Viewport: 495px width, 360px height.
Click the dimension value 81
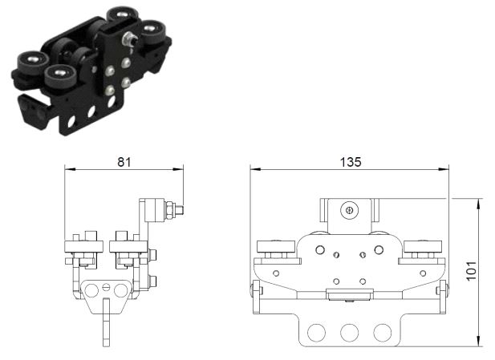tap(124, 162)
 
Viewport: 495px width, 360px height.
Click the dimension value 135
tap(351, 162)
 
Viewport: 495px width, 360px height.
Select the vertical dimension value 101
tap(471, 271)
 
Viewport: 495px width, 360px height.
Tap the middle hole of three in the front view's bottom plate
tap(350, 333)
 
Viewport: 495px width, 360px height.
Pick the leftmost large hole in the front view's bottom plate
tap(316, 333)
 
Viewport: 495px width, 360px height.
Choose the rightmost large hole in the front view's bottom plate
tap(383, 333)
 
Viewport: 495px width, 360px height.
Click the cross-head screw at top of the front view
tap(350, 210)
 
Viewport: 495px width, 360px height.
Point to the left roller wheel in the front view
tap(276, 246)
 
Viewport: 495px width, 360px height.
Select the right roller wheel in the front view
tap(423, 246)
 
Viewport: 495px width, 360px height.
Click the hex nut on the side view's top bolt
tap(170, 210)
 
